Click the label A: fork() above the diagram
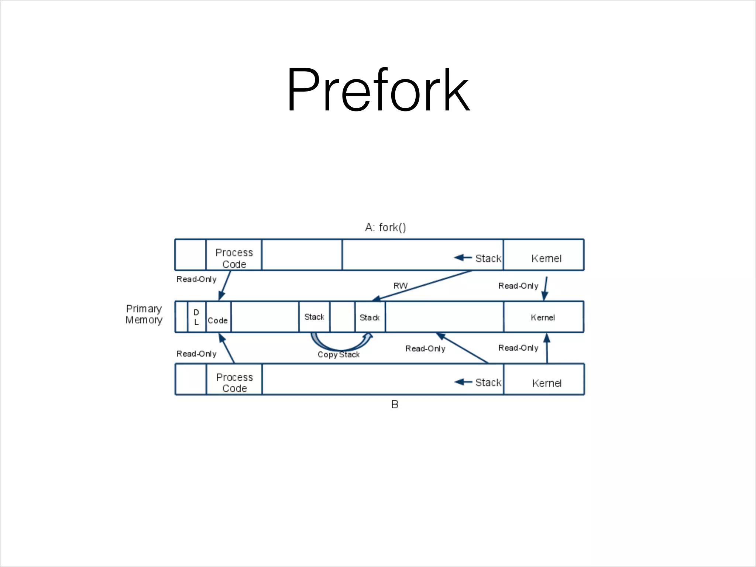pos(385,227)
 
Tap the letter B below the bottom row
pos(395,405)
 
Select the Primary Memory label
pos(144,314)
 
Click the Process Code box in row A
pos(234,258)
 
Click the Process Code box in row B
pos(234,382)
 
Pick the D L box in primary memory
pos(196,317)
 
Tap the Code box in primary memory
pos(218,320)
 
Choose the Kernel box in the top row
pos(546,258)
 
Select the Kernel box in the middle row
pos(543,317)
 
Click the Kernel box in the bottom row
pos(547,383)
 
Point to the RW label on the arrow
pos(401,286)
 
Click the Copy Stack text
pos(339,355)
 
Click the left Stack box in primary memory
pos(314,317)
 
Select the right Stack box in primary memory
pos(370,317)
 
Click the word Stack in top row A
pos(488,258)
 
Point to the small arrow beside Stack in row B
pos(463,382)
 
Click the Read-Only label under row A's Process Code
pos(196,279)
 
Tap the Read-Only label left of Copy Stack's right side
pos(425,349)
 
